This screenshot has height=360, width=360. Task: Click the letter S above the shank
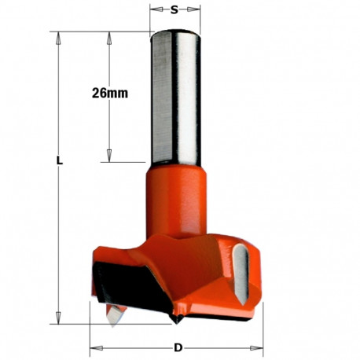[x=174, y=11]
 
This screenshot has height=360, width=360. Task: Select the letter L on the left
[x=60, y=160]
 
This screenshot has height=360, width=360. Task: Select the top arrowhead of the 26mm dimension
[x=106, y=35]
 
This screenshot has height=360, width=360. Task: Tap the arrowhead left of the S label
[x=154, y=11]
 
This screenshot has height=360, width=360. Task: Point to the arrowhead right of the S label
[x=196, y=11]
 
